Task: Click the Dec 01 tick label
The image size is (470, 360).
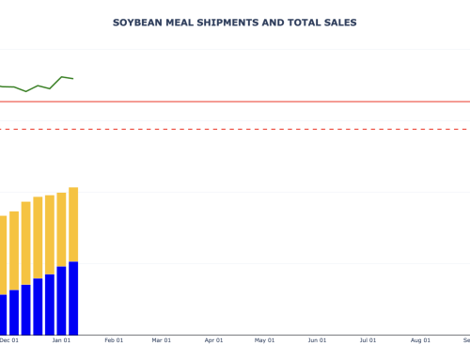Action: click(9, 340)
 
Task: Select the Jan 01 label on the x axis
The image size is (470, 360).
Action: click(62, 340)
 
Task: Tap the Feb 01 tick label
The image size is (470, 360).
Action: click(114, 340)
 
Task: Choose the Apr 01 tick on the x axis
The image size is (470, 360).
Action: click(213, 340)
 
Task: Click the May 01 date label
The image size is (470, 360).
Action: click(264, 340)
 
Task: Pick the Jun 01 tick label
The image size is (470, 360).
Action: click(316, 340)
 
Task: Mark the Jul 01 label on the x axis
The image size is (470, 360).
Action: click(367, 340)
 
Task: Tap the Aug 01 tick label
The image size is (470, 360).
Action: click(418, 340)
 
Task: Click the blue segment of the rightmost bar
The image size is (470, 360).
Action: click(73, 298)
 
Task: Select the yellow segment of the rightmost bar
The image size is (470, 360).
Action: click(73, 224)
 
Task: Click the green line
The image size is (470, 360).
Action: click(38, 86)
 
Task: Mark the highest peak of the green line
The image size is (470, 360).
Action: click(62, 77)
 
